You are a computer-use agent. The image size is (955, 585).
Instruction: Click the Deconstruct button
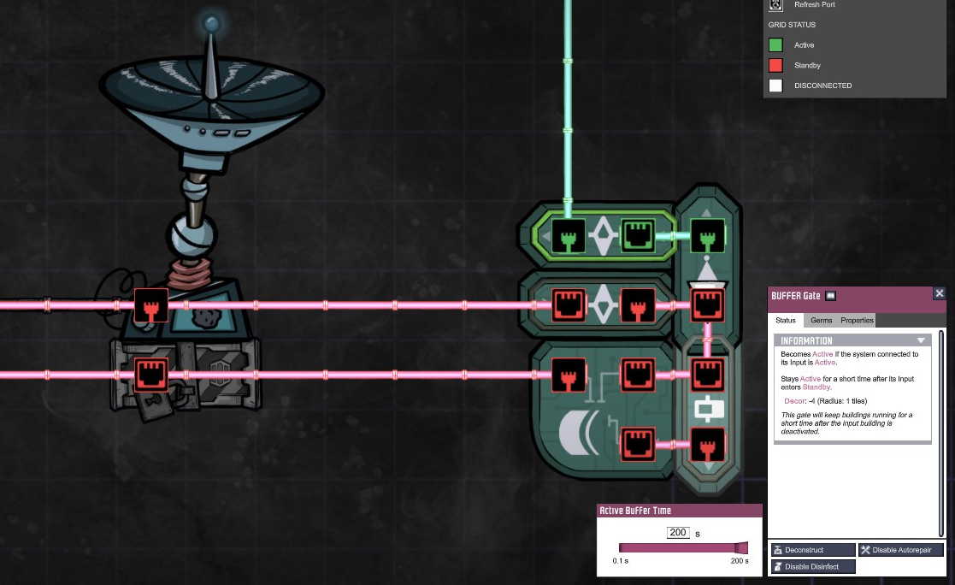pos(812,550)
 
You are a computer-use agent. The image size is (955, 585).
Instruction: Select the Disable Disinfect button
pos(812,566)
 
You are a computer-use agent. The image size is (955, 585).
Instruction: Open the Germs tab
pos(821,320)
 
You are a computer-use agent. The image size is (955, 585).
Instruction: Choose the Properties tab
pos(857,320)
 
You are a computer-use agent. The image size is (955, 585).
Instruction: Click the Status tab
pos(786,320)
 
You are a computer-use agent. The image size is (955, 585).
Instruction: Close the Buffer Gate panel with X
pos(940,293)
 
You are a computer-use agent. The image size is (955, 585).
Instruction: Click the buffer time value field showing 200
pos(678,533)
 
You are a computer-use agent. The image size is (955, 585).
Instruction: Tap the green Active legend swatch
pos(775,45)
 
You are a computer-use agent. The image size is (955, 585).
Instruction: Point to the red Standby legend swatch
pos(775,65)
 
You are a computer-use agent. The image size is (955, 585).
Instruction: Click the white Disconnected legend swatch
pos(775,86)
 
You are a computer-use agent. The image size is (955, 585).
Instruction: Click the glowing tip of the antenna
pos(211,23)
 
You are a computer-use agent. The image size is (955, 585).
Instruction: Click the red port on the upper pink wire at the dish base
pos(151,305)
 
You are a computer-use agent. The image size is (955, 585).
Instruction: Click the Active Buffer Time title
pos(635,511)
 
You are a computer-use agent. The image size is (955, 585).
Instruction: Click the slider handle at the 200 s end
pos(740,548)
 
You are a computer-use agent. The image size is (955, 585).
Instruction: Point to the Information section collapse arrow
pos(921,340)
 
